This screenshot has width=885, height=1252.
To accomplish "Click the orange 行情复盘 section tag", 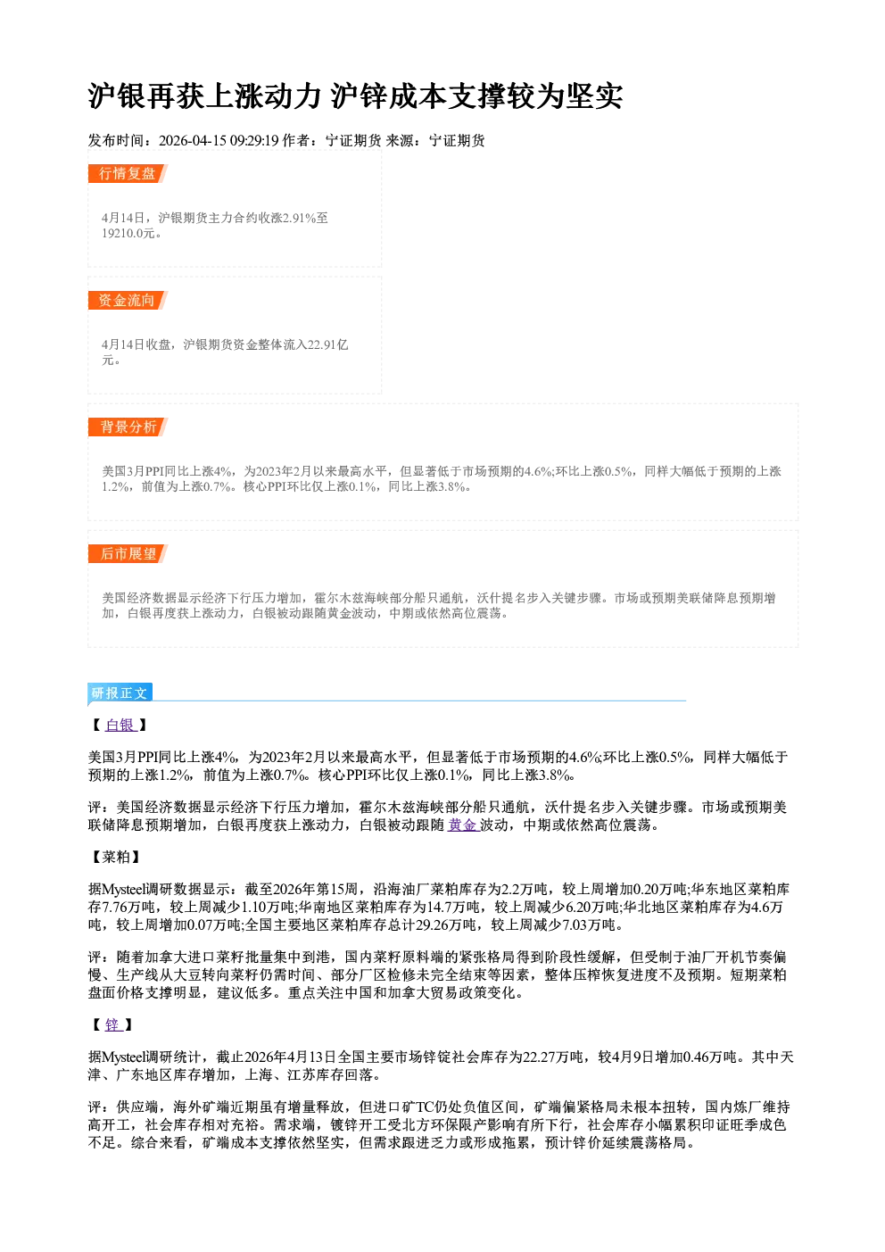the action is click(128, 174).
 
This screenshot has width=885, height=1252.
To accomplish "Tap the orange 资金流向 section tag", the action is click(128, 300).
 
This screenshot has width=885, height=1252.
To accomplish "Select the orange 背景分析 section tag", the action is click(128, 427).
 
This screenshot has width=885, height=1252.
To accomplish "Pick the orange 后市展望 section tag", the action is click(128, 554).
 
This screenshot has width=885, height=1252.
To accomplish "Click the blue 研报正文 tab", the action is click(120, 693).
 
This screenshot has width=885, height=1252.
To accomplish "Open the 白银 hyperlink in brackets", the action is click(120, 725).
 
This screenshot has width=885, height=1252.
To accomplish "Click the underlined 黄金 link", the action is click(463, 825).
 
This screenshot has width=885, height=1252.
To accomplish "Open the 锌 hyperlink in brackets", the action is click(113, 1025).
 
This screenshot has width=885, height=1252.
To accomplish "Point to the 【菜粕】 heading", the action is click(116, 858).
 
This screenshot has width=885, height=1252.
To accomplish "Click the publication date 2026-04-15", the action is click(193, 141).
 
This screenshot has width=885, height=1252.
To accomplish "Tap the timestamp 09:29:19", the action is click(254, 141).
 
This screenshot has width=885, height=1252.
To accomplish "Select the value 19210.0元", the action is click(128, 234).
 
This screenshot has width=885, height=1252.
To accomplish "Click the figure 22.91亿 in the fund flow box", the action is click(328, 344).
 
